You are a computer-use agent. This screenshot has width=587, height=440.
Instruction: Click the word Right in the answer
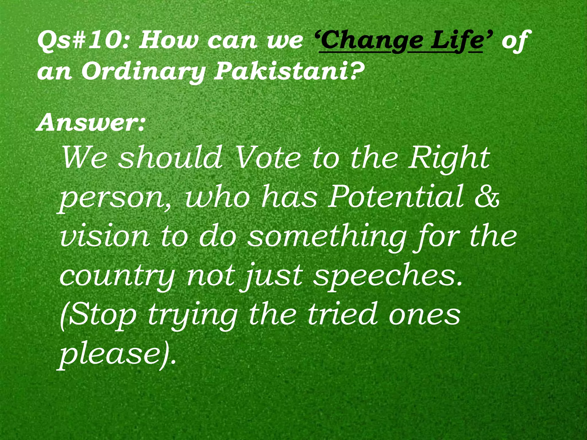pyautogui.click(x=449, y=159)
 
